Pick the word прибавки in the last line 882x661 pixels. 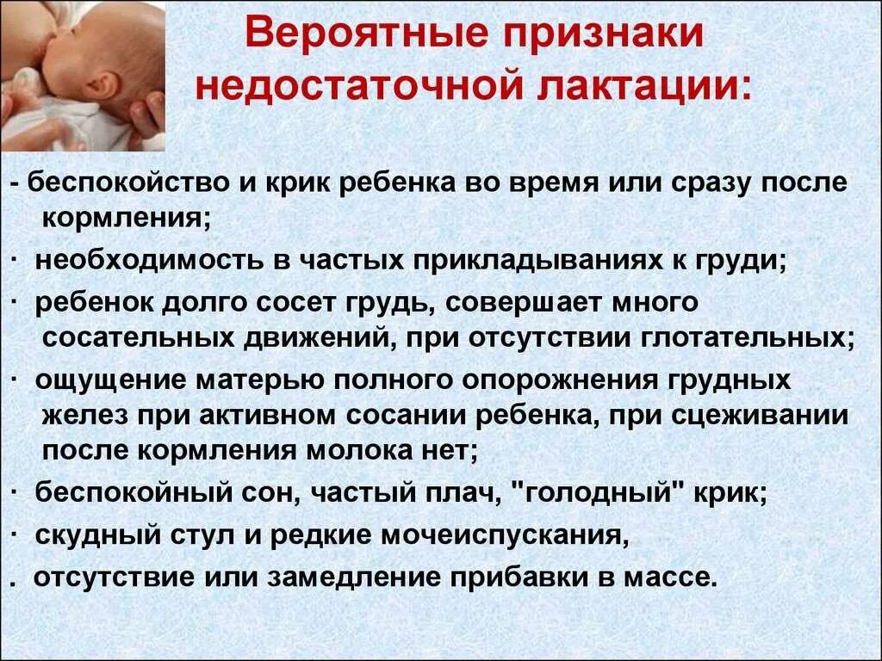tap(519, 576)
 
